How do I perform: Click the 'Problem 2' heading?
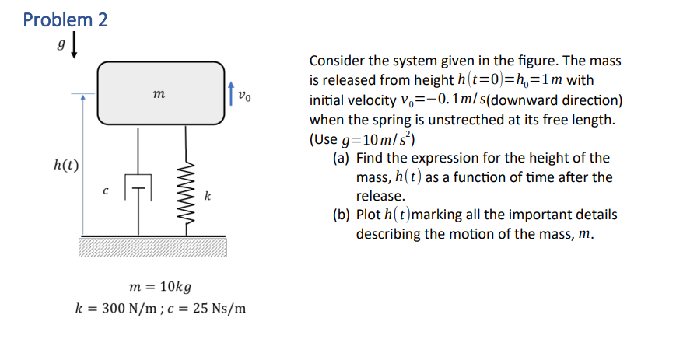pos(65,19)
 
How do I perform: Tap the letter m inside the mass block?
pos(159,94)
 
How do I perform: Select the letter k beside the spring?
pos(207,196)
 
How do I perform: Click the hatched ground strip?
pos(152,246)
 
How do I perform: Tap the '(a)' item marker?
pos(340,158)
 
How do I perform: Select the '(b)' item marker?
pos(341,215)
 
